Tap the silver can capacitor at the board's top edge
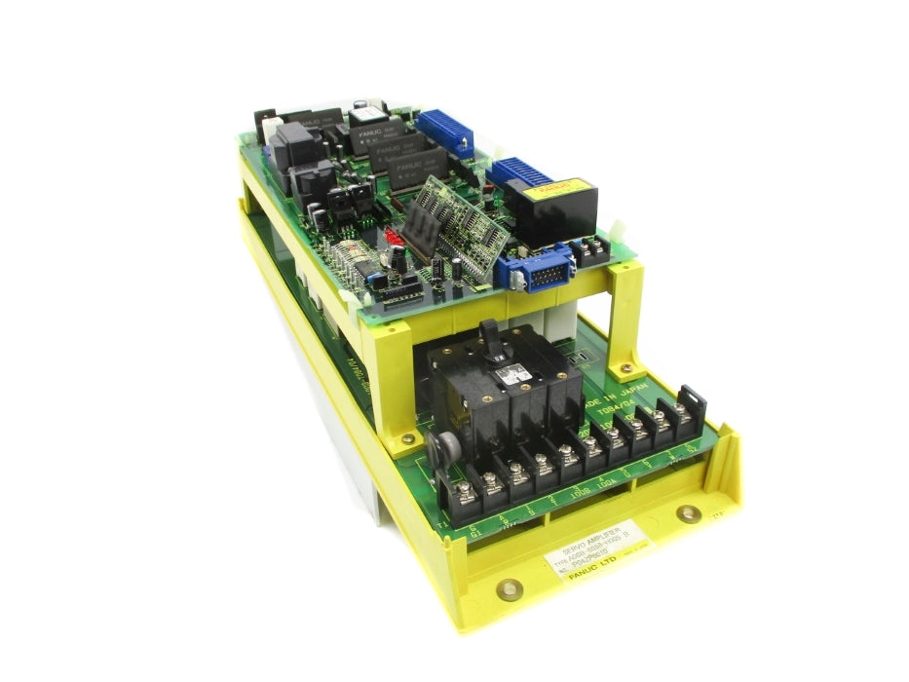361,104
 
